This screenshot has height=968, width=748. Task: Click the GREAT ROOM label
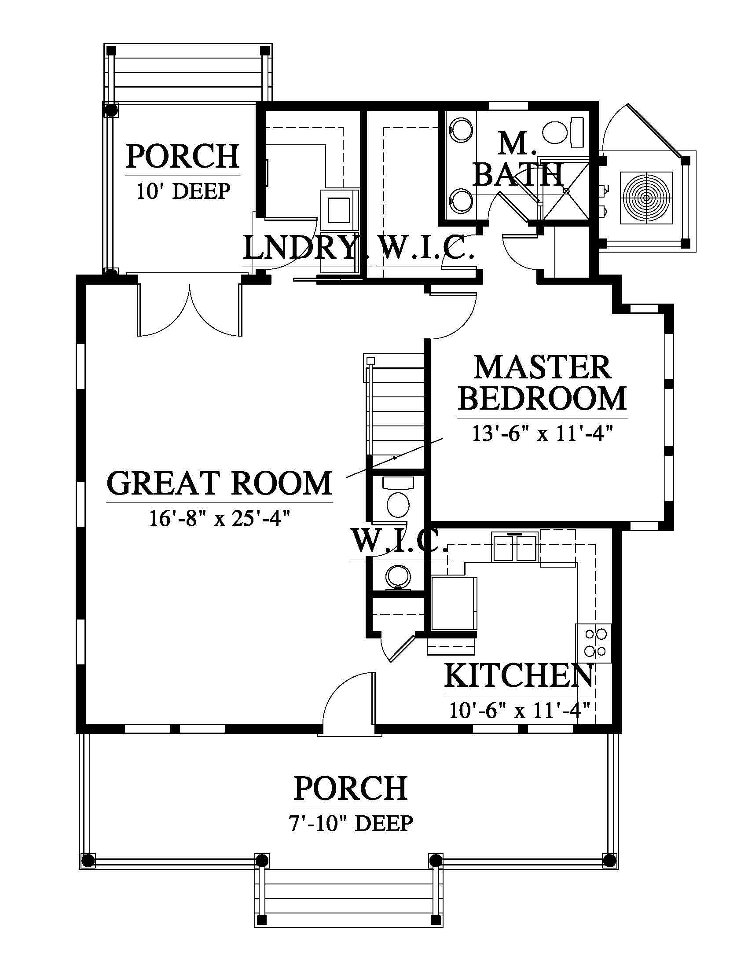click(x=220, y=484)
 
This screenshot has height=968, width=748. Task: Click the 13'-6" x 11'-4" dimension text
click(x=543, y=433)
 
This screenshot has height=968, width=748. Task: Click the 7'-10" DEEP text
click(x=351, y=823)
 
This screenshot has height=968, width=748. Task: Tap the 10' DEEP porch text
click(x=183, y=191)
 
